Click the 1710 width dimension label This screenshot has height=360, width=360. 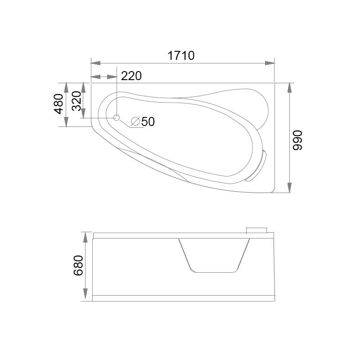pos(181,55)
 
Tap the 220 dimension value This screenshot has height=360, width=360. pos(131,76)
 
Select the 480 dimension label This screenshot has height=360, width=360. pos(59,104)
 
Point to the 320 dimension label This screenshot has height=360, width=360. pos(76,101)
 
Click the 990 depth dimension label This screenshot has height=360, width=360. pos(297,140)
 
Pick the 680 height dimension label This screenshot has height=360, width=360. pos(78,265)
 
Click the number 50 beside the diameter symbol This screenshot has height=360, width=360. pos(148,121)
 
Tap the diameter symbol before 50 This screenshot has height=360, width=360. pos(135,121)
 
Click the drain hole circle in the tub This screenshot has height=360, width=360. pos(117,118)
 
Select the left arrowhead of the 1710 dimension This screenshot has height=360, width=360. pos(95,63)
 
